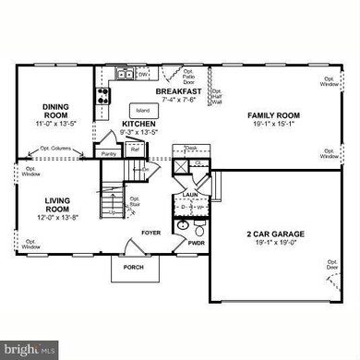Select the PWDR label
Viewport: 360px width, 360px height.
click(195, 245)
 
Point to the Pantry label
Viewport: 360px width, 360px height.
click(109, 153)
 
